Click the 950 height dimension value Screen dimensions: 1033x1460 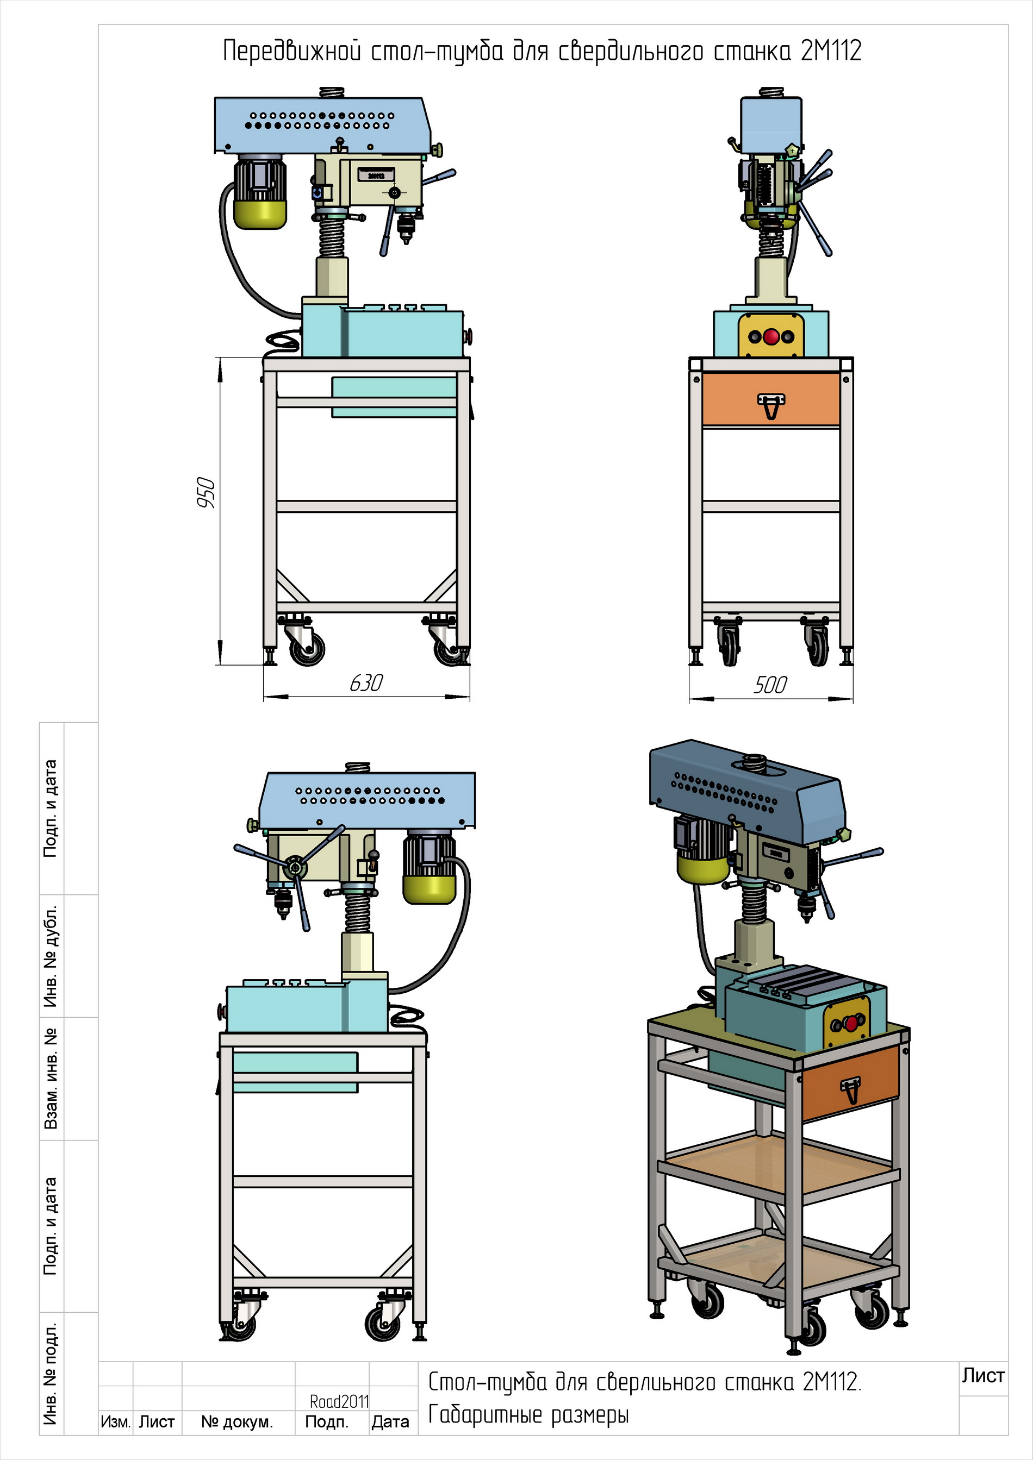click(206, 492)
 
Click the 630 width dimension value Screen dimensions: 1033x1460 click(366, 683)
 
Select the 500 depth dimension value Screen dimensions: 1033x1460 click(770, 685)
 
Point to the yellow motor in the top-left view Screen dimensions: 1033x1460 click(259, 193)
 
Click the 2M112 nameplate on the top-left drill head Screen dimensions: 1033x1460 click(376, 175)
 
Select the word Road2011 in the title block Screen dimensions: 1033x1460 click(340, 1401)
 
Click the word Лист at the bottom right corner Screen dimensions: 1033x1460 click(983, 1375)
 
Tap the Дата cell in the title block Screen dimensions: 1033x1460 click(390, 1422)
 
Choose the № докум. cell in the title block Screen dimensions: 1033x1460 click(237, 1422)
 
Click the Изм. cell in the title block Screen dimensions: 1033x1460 click(115, 1422)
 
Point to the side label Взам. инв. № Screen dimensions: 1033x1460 click(51, 1079)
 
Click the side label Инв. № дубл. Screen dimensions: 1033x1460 click(51, 956)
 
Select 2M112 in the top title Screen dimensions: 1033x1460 click(831, 51)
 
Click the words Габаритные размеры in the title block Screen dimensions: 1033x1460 click(528, 1415)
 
